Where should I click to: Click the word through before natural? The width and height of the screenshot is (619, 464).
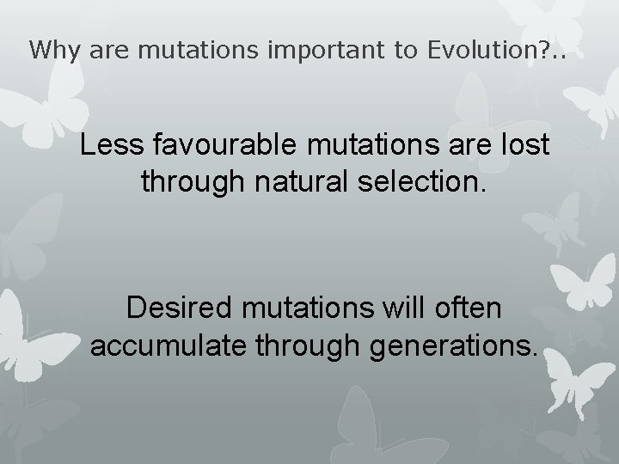(187, 183)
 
